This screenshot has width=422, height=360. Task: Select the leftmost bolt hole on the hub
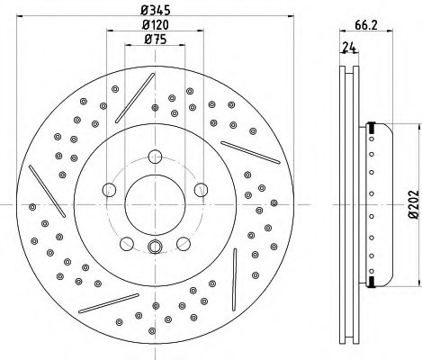click(x=110, y=189)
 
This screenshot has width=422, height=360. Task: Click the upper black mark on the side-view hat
click(x=370, y=129)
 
